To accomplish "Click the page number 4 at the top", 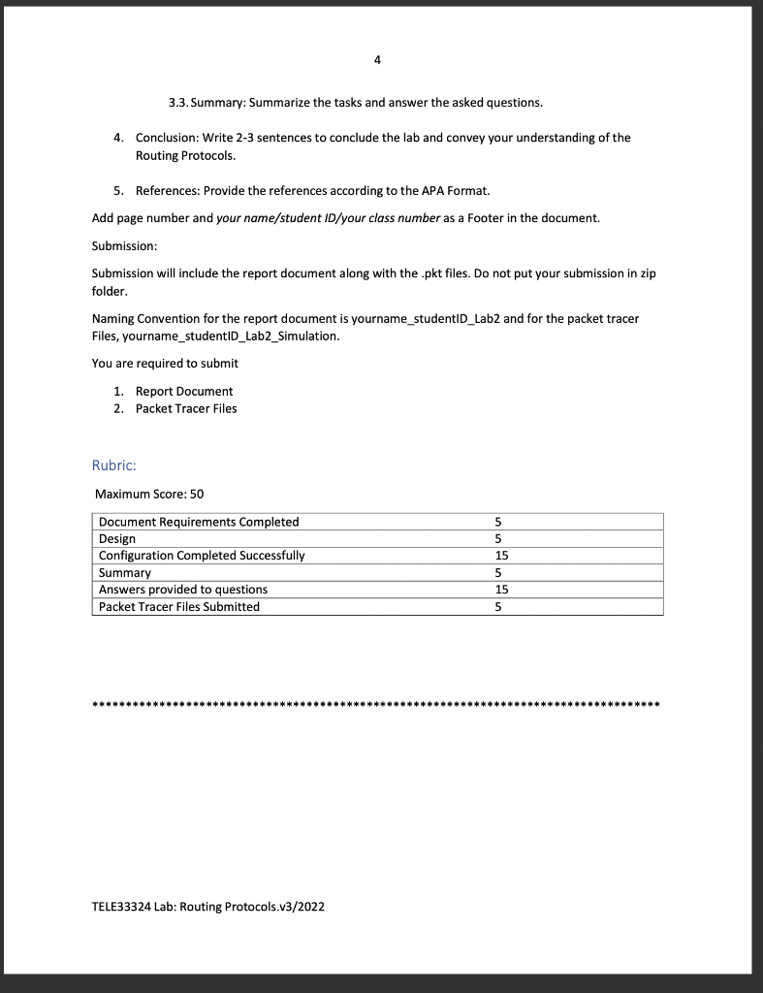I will point(377,60).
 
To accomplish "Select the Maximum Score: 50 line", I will point(149,494).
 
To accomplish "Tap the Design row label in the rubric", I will point(117,538).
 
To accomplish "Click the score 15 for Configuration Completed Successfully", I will point(501,556).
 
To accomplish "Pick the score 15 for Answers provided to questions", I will point(501,590).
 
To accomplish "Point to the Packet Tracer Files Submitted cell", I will point(179,606).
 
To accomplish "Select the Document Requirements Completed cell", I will point(199,522).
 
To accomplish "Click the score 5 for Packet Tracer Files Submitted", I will point(498,606).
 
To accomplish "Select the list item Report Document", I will point(184,391).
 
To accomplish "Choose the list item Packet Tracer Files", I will point(186,408).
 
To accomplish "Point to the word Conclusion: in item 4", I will point(168,138).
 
